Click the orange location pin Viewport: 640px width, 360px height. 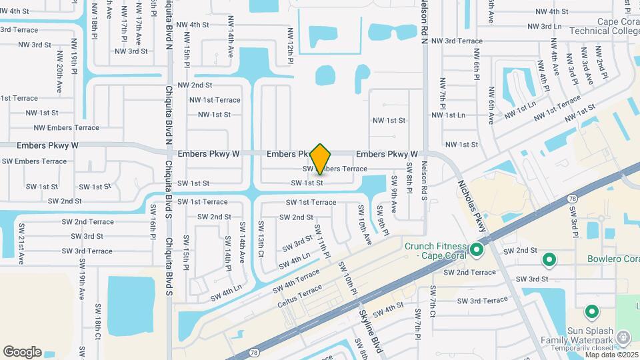pyautogui.click(x=321, y=159)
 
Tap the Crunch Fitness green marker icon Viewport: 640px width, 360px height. pyautogui.click(x=477, y=251)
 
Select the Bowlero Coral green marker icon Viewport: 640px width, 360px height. pyautogui.click(x=549, y=259)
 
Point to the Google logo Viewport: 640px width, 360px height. pyautogui.click(x=22, y=352)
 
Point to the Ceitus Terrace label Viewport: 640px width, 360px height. pyautogui.click(x=300, y=297)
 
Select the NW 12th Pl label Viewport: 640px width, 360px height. pyautogui.click(x=291, y=46)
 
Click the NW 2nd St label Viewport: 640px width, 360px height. pyautogui.click(x=195, y=85)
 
